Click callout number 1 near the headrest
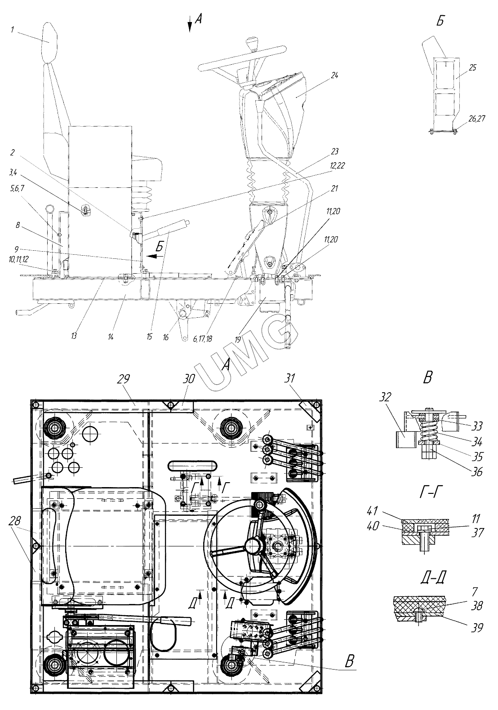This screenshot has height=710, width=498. click(13, 30)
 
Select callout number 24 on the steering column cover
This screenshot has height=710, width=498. click(334, 75)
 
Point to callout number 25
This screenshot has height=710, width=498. click(472, 67)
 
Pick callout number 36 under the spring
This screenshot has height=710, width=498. click(476, 472)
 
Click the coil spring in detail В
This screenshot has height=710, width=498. click(428, 430)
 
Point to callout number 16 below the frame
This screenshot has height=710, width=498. click(166, 337)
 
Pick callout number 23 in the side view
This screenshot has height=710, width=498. click(335, 151)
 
